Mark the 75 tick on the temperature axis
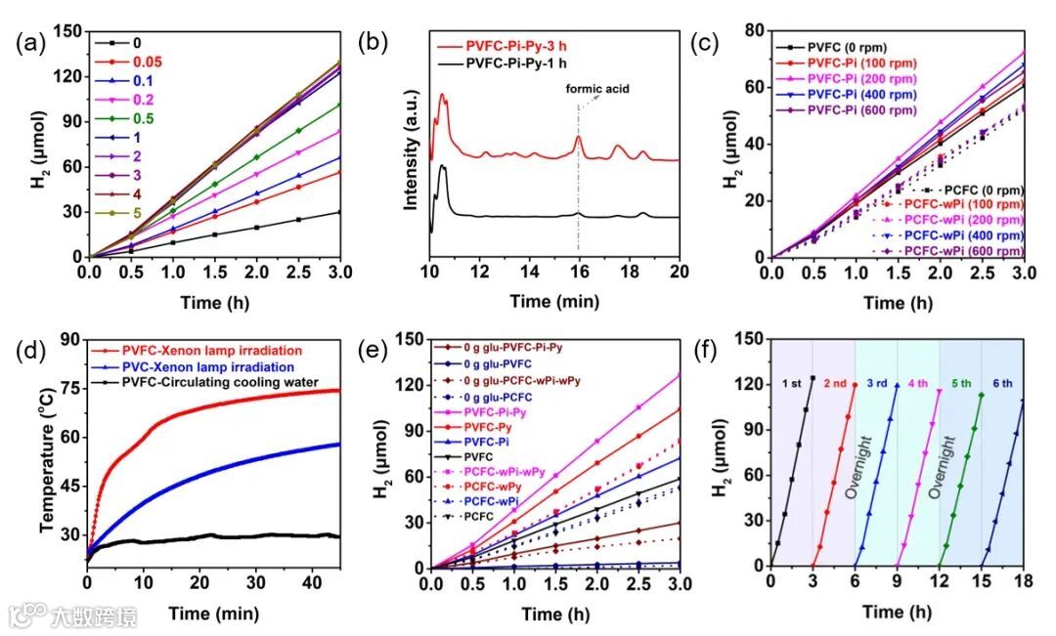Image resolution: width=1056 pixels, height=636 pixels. click(x=68, y=389)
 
